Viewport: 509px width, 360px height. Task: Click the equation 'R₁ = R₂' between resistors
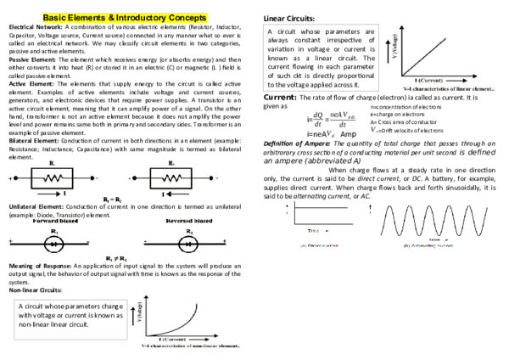pyautogui.click(x=111, y=197)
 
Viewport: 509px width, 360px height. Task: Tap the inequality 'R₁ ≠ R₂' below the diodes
pyautogui.click(x=111, y=257)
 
